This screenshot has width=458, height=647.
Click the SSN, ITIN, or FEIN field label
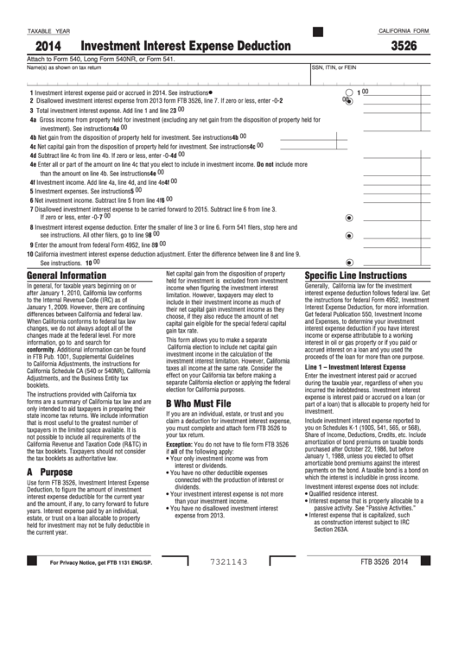[334, 67]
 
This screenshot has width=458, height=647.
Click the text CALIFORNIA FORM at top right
[404, 31]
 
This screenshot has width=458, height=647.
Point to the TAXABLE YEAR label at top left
[49, 31]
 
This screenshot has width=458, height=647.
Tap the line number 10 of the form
[29, 255]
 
